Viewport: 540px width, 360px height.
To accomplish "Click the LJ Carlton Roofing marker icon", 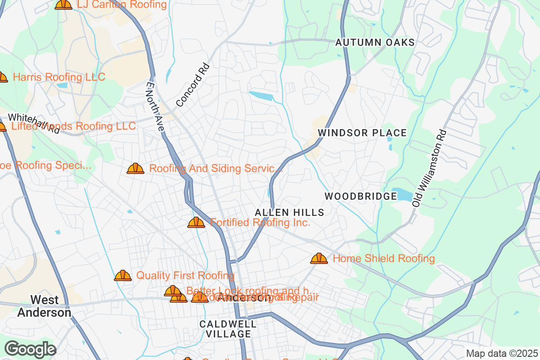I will point(63,4).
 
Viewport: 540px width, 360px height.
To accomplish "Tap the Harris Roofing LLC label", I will point(59,77).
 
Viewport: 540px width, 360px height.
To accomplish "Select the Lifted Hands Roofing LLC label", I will point(73,126).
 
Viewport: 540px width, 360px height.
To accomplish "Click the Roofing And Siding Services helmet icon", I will point(135,169).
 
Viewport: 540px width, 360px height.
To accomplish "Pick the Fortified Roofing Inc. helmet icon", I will point(196,222).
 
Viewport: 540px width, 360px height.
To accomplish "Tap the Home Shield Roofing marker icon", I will point(319,258).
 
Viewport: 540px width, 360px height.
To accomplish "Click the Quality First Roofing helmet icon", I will point(123,275).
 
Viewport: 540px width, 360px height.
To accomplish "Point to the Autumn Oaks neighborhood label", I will point(375,43).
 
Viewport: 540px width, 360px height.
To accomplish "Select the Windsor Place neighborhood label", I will point(362,133).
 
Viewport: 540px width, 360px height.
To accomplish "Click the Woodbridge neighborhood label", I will point(360,196).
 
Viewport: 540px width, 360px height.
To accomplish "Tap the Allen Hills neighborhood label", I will point(289,212).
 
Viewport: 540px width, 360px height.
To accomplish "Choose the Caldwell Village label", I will point(228,329).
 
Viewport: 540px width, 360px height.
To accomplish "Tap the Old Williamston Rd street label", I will point(430,168).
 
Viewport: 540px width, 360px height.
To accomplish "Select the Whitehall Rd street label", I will point(34,123).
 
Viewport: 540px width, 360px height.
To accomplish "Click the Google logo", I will point(31,349).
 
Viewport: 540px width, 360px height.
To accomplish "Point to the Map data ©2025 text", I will point(501,353).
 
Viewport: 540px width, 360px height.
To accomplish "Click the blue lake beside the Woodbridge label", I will point(404,194).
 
